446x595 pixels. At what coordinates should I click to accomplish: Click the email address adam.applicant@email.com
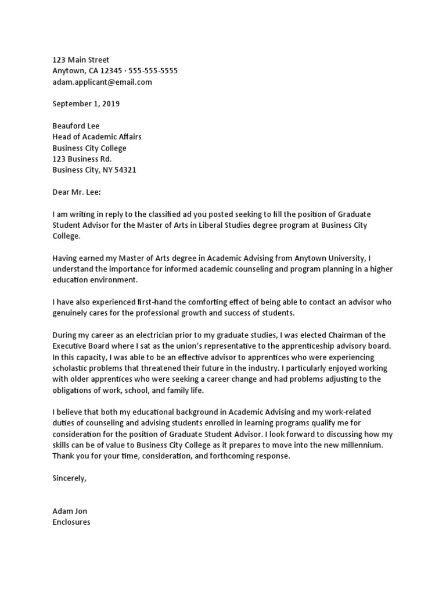tap(102, 82)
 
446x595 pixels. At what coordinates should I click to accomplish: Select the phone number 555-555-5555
tap(150, 71)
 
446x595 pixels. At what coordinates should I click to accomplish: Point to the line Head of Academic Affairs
tap(96, 137)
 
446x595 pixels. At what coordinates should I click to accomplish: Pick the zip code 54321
tap(125, 170)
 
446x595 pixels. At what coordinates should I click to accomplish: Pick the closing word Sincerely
tap(69, 478)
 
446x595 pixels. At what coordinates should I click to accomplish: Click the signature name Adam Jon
tap(70, 511)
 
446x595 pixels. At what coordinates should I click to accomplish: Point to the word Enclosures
tap(71, 522)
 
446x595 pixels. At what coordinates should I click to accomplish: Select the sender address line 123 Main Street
tap(81, 60)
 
